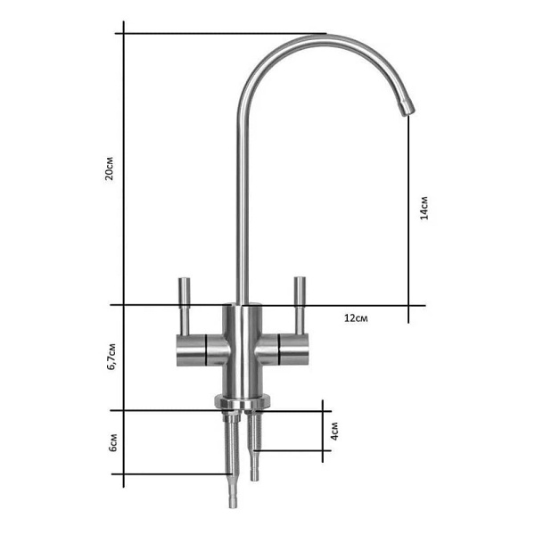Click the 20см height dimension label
click(x=109, y=169)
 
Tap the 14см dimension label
click(x=424, y=208)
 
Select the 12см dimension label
click(x=356, y=318)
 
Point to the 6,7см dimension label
click(x=112, y=357)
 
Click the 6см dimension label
click(x=113, y=442)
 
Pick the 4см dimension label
click(x=334, y=431)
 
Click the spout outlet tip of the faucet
click(x=408, y=109)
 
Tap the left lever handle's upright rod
click(x=185, y=306)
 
